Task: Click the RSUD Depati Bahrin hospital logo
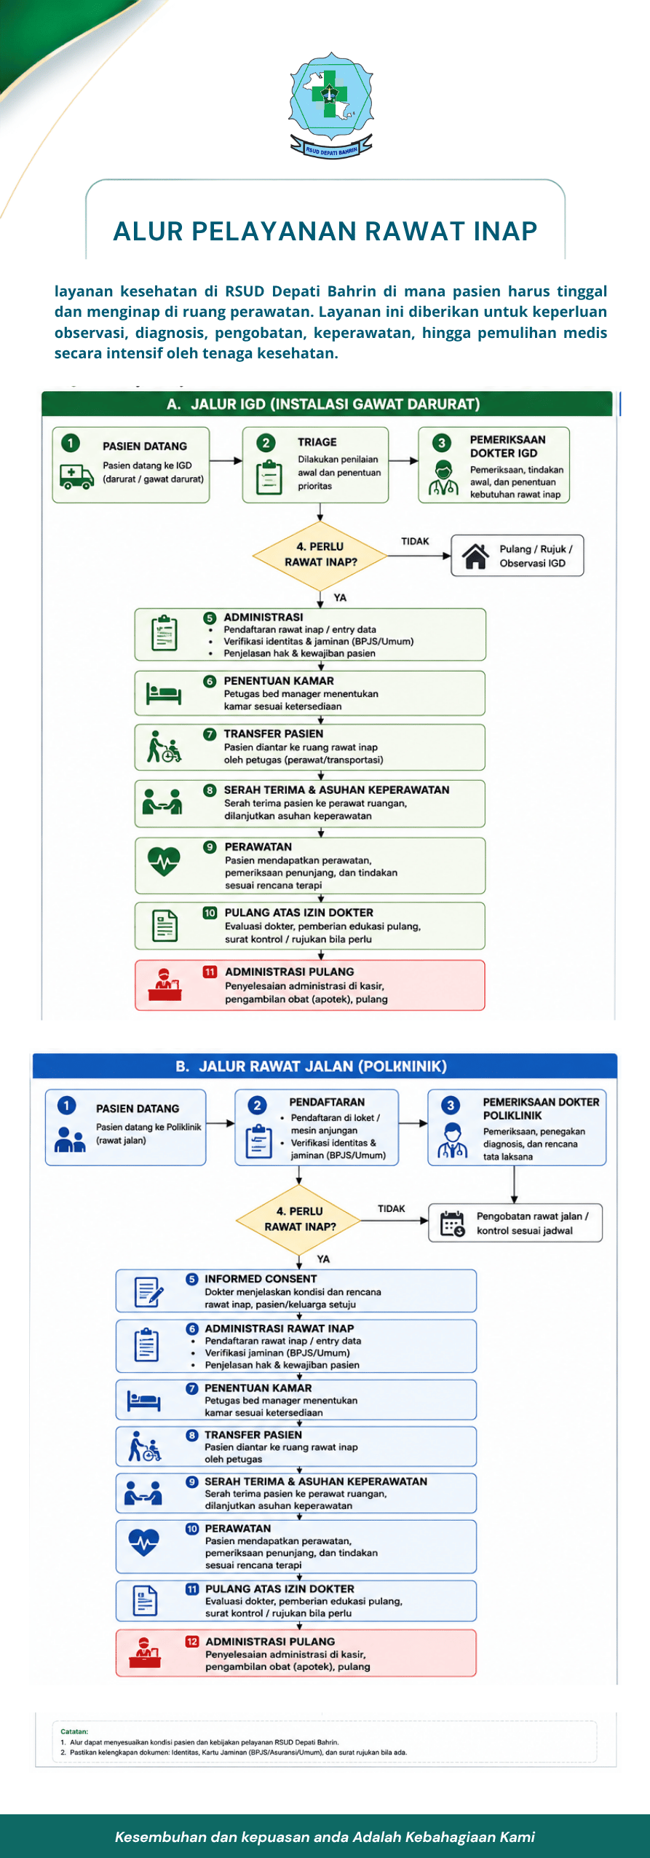[x=332, y=104]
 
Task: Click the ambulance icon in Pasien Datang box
[x=76, y=477]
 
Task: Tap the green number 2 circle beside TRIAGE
[x=266, y=442]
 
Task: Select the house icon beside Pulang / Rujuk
[x=476, y=556]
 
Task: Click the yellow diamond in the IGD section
[x=320, y=555]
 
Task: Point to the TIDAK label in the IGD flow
[x=415, y=541]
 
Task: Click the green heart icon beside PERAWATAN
[x=164, y=860]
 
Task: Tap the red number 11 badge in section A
[x=210, y=972]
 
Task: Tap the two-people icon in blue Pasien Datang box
[x=70, y=1139]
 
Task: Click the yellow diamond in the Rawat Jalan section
[x=299, y=1219]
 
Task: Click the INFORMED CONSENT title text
[x=261, y=1278]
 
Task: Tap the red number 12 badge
[x=192, y=1641]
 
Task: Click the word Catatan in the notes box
[x=74, y=1731]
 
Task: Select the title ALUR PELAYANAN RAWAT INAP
[x=325, y=231]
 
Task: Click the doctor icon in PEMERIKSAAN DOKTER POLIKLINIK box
[x=452, y=1141]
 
